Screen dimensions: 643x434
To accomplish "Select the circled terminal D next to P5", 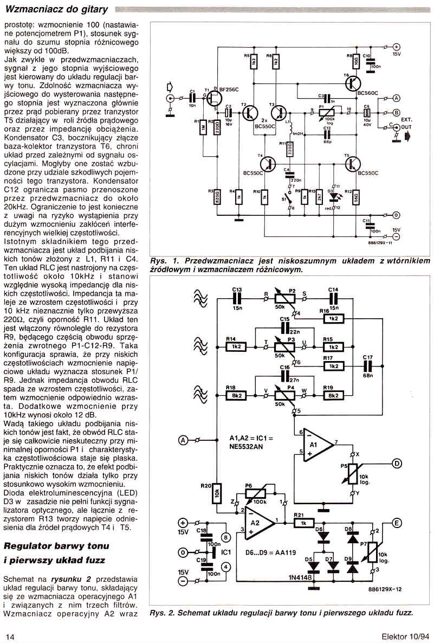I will point(397,463).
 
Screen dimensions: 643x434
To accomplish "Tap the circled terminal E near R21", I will point(397,523).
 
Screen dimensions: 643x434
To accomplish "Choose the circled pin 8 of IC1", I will point(226,537).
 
